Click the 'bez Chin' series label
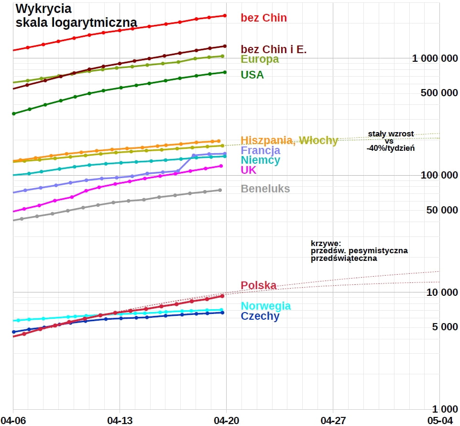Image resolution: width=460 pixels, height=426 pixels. [263, 18]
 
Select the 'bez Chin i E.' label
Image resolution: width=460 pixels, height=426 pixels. [274, 49]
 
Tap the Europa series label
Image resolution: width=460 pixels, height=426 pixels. [260, 59]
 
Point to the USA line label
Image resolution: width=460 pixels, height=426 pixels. [252, 75]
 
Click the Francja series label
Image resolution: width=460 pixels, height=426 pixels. [261, 150]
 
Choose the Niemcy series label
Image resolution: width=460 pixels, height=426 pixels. [261, 160]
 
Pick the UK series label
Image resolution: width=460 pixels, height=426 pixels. [249, 170]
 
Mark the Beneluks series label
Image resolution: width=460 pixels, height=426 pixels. [265, 189]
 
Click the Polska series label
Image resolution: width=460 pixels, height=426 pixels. [259, 286]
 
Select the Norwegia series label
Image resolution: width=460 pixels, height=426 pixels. [266, 306]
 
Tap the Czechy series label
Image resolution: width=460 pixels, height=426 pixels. [260, 316]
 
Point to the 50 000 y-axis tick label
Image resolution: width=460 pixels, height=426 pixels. [439, 210]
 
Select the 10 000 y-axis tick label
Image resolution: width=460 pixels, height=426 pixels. [439, 292]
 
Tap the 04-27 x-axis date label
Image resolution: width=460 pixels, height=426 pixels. [333, 420]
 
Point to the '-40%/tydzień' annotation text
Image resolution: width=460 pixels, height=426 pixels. [391, 148]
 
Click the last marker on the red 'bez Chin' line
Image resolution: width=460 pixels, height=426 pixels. [225, 16]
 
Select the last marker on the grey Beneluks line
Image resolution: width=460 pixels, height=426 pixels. [220, 190]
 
